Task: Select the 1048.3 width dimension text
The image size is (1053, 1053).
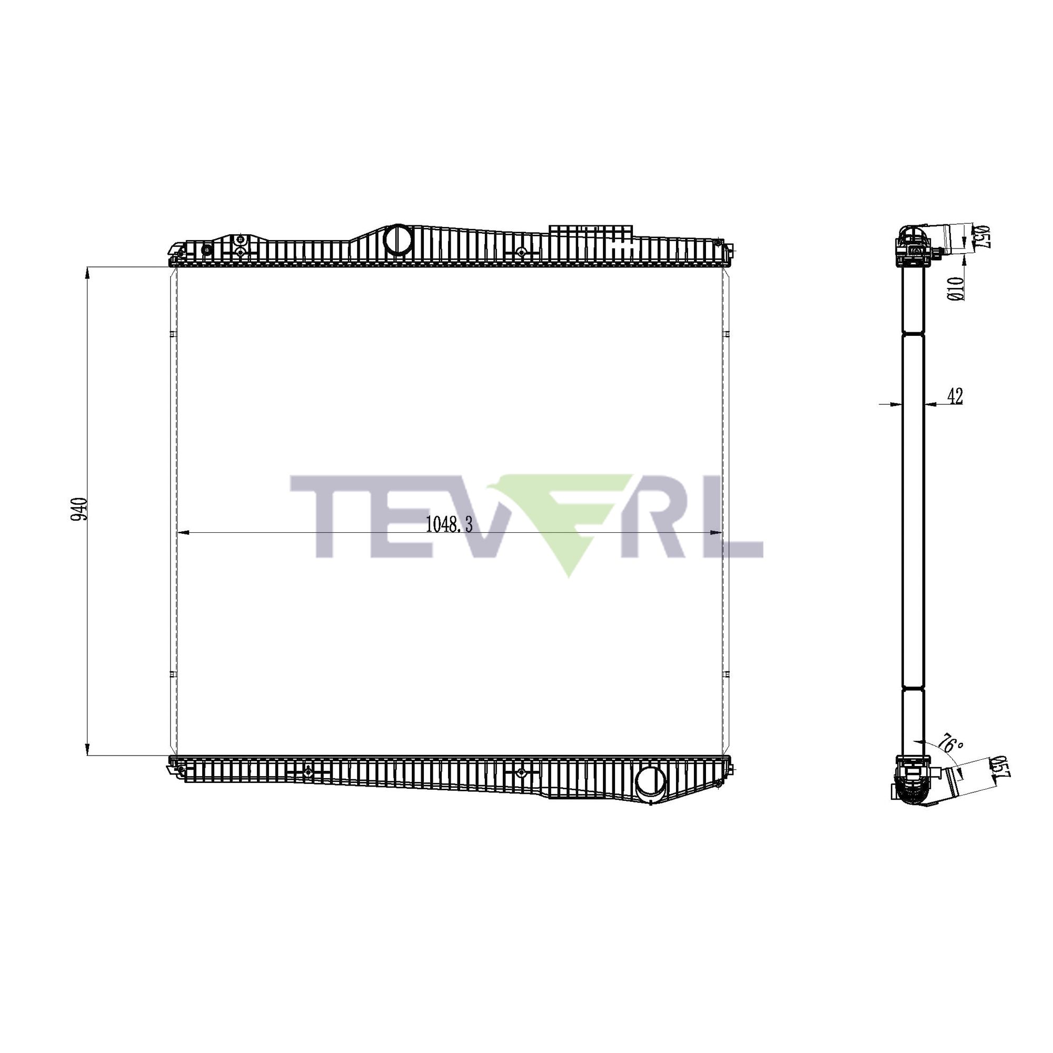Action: tap(449, 524)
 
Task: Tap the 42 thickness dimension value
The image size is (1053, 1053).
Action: tap(955, 396)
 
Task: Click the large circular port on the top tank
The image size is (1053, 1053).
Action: tap(398, 238)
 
